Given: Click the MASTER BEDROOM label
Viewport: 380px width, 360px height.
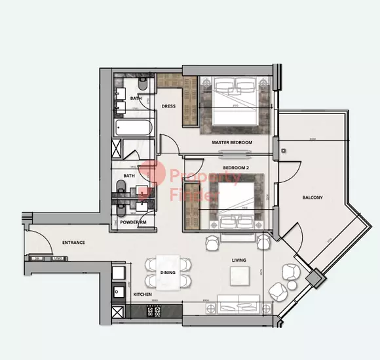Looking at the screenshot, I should point(231,142).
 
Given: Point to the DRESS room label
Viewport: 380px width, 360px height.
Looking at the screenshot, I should point(168,106).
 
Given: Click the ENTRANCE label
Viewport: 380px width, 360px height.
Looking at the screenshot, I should point(73,243).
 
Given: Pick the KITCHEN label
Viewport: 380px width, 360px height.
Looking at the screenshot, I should point(142,294).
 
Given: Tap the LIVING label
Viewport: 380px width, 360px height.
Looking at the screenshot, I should point(238,260).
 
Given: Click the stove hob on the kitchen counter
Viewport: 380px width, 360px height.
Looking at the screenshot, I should point(119,272).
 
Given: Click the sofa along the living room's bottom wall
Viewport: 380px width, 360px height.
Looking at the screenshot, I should point(239,304).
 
